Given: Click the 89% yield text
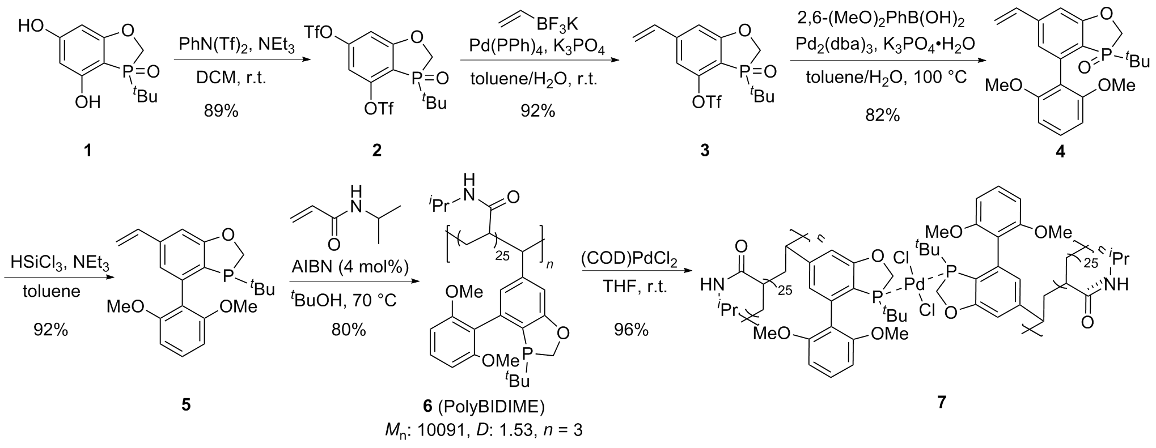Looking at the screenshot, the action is (222, 111).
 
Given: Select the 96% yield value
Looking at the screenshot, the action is (631, 330).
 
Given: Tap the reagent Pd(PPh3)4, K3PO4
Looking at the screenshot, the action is (536, 50).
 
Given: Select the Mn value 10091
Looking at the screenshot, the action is (448, 430).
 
